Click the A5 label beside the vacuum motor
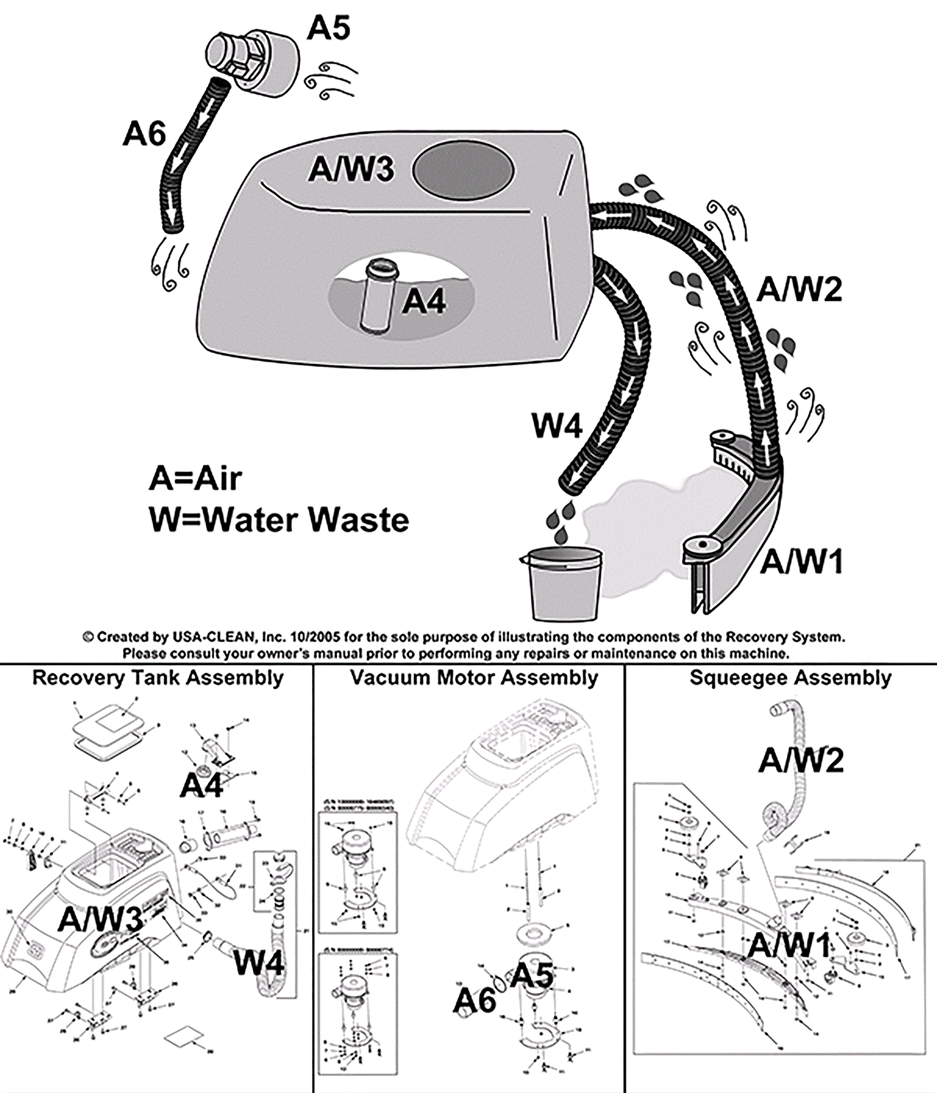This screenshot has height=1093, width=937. coord(329,28)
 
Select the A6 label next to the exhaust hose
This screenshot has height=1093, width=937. coord(144,133)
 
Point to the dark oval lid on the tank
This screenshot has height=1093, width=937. coord(463,171)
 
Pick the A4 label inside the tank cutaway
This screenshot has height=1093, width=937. coord(424,302)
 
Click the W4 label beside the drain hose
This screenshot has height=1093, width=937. coord(556,426)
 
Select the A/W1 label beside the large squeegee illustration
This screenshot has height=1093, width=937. coord(802,561)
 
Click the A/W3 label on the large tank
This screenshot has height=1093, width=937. coord(351,169)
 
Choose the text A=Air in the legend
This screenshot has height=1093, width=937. coord(195,478)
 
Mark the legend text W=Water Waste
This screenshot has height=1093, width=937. coord(279,519)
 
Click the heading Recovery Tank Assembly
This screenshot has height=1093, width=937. coord(158,677)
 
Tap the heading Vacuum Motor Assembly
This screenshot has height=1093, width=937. coord(474,677)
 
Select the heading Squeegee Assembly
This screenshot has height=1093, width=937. coord(790,677)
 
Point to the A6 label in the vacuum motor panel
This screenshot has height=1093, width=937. coord(474,1001)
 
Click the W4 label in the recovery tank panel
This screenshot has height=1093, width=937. coord(258,963)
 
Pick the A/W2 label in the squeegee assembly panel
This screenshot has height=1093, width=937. coord(801,760)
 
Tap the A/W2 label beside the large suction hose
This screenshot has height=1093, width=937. coord(799,289)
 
